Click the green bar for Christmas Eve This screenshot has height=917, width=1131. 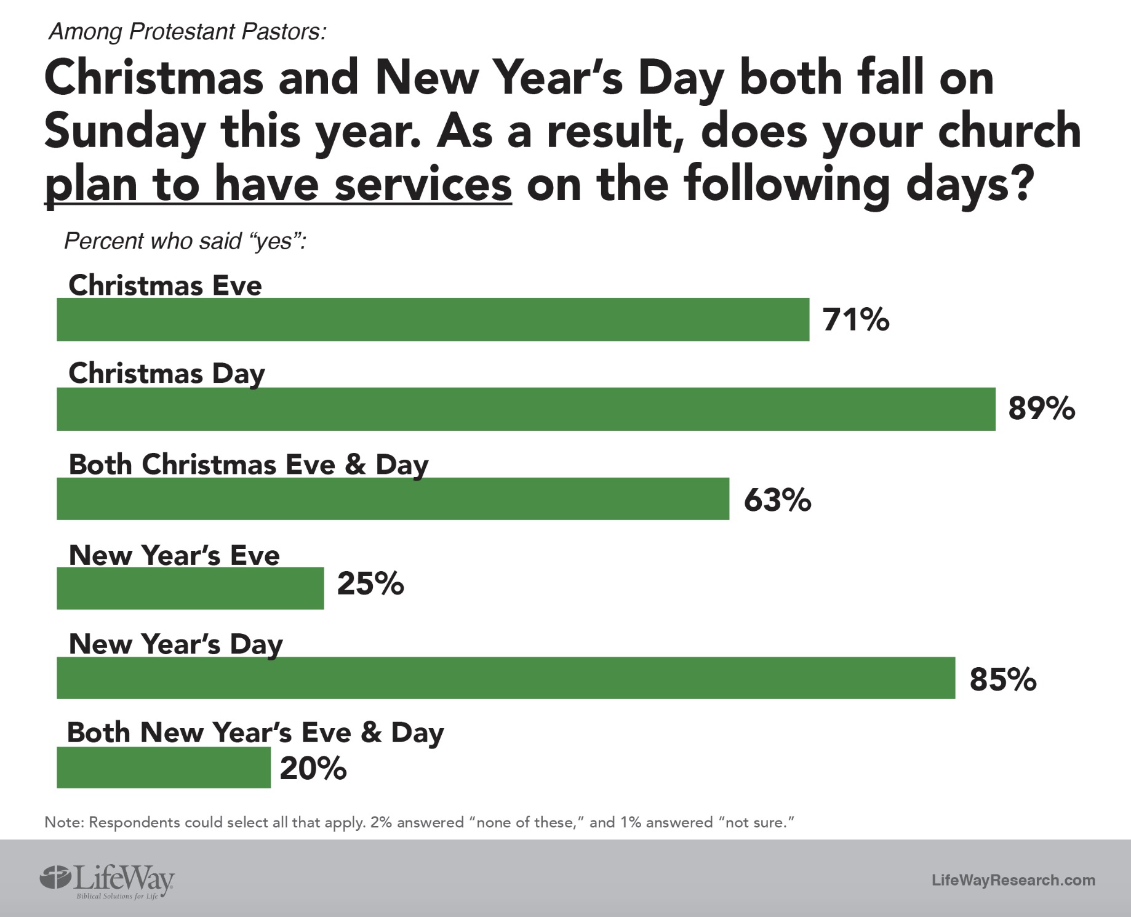433,319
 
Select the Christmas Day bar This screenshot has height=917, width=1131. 526,409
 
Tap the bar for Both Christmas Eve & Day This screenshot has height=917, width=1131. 393,499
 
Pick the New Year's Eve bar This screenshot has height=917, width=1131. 190,588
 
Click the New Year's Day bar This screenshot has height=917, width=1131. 506,678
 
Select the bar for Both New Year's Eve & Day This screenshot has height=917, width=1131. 163,767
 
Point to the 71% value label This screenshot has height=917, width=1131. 856,320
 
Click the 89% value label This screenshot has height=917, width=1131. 1041,409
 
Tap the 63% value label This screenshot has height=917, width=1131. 777,500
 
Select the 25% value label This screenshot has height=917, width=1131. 370,583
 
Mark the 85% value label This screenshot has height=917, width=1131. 1003,680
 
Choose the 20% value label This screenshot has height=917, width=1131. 313,769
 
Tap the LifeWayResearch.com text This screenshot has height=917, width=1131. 1013,880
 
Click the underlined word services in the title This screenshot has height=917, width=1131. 423,184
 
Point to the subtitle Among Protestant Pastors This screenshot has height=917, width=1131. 187,31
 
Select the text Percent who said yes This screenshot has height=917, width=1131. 185,241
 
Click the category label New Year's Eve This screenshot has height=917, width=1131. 174,555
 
